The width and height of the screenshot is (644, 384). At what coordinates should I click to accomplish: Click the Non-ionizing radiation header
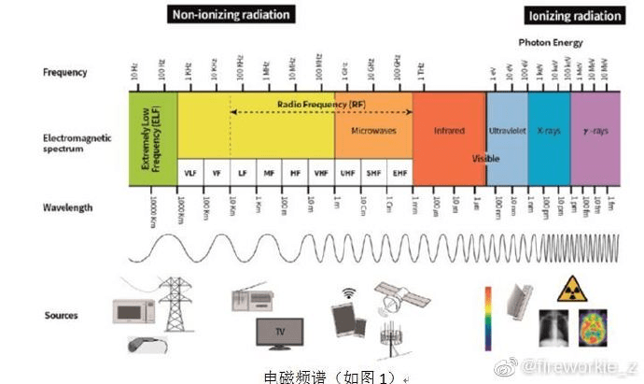point(231,15)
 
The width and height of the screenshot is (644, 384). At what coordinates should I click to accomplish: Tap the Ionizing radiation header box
point(574,16)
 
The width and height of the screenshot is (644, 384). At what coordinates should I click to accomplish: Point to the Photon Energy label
point(551,43)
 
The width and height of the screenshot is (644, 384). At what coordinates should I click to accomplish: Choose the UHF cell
point(347,173)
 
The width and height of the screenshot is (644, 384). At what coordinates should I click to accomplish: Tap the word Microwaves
point(373,132)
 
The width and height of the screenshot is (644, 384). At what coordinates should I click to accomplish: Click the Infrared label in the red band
point(449,132)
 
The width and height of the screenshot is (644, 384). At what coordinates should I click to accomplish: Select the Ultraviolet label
point(507,132)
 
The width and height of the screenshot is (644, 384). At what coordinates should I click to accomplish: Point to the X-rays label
point(549,132)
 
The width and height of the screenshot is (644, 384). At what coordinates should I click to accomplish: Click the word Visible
point(485,159)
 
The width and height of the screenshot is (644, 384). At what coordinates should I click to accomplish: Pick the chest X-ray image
point(556,329)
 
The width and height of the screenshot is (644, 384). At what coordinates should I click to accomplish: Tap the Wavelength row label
point(67,207)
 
